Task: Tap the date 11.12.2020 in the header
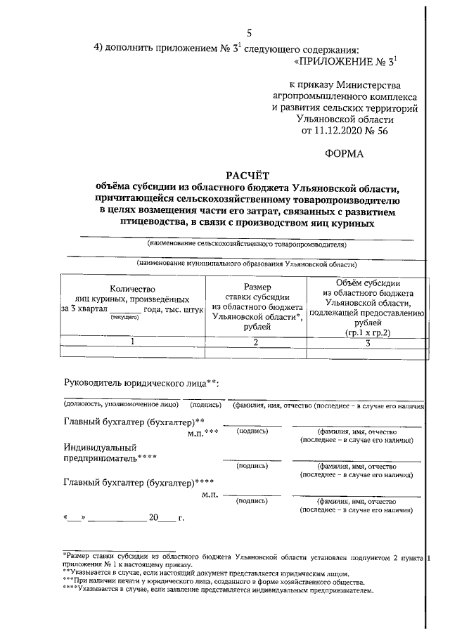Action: (333, 130)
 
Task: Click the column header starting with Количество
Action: (131, 302)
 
